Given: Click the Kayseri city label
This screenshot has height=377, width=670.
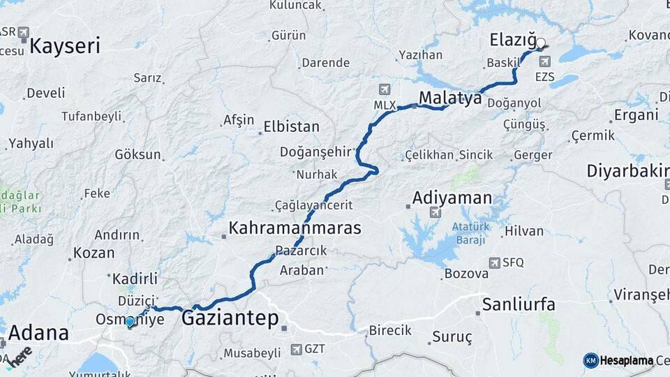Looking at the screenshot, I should click(65, 47).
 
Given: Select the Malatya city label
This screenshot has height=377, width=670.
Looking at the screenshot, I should click(450, 98).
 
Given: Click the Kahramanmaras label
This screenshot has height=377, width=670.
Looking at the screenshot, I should click(295, 228).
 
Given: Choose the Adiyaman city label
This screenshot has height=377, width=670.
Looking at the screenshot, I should click(452, 198).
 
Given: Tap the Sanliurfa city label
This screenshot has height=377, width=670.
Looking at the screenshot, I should click(519, 304).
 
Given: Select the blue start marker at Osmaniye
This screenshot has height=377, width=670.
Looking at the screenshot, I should click(130, 322).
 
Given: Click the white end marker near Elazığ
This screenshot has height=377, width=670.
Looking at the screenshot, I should click(540, 43).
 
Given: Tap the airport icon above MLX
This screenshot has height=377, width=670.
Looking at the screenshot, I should click(384, 89).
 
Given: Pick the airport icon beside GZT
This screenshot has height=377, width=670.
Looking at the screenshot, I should click(297, 348).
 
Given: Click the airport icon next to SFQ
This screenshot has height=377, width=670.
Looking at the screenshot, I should click(494, 263).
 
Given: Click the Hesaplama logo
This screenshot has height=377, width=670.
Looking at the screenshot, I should click(618, 360).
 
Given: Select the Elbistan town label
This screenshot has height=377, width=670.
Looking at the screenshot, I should click(291, 127).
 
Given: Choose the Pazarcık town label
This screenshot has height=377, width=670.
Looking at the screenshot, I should click(301, 251).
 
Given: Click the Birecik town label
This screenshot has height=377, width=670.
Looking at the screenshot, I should click(389, 330).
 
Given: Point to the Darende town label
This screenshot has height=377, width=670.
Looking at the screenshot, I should click(325, 63).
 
